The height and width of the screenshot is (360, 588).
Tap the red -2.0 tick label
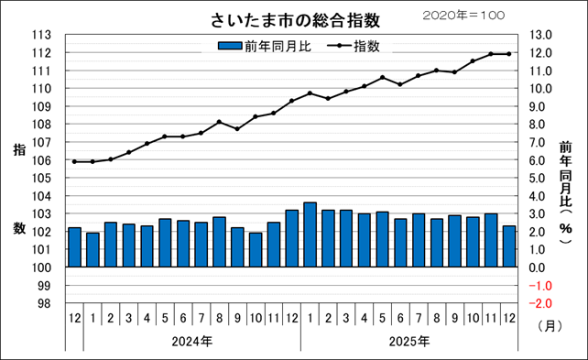(539, 303)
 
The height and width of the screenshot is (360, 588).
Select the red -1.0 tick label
(539, 286)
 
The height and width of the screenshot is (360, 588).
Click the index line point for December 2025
(508, 54)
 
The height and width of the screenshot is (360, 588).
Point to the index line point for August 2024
(219, 122)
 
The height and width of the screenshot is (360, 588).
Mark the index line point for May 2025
(382, 78)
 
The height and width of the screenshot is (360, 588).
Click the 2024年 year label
(192, 341)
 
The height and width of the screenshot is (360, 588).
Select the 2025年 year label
(409, 341)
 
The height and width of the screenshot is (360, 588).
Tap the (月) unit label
(548, 324)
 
